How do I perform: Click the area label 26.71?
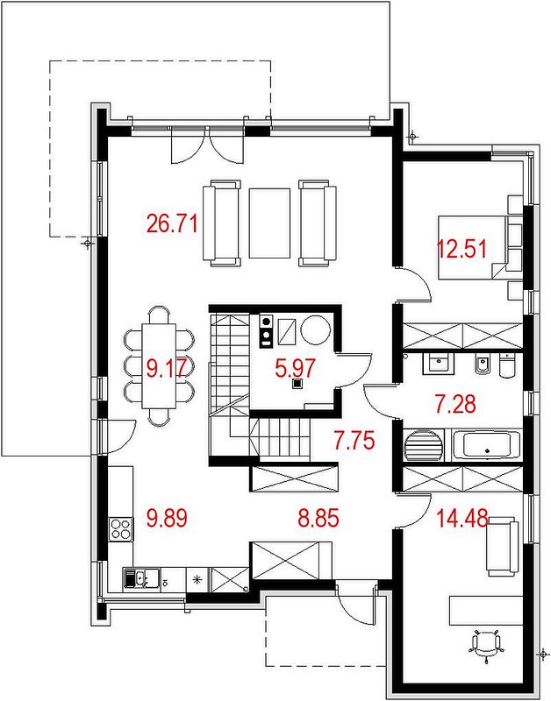click(x=172, y=223)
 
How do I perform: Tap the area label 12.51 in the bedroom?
click(x=462, y=249)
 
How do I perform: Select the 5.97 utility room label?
click(x=296, y=368)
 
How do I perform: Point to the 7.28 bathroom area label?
click(x=455, y=404)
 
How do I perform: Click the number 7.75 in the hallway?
click(x=354, y=441)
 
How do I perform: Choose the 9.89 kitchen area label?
click(x=167, y=519)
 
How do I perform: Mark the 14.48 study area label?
click(x=462, y=519)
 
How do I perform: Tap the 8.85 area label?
click(x=318, y=519)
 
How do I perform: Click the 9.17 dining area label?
click(x=167, y=369)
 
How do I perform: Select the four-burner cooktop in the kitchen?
click(x=121, y=529)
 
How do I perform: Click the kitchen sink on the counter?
click(x=141, y=579)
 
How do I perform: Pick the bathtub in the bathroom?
click(x=487, y=444)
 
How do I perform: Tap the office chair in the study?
click(x=486, y=644)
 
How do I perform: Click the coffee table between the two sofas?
click(x=269, y=223)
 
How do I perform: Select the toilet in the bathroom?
click(x=508, y=365)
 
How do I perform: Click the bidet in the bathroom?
click(x=483, y=364)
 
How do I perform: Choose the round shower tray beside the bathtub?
click(x=424, y=445)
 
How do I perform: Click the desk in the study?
click(x=486, y=610)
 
